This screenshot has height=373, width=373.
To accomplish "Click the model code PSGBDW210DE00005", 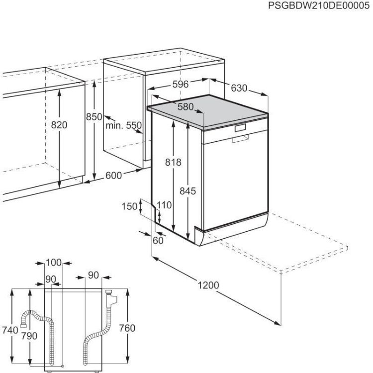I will pos(319,6).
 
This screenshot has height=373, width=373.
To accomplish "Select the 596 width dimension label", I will pos(181,85).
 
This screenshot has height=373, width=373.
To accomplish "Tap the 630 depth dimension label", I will pos(239,88).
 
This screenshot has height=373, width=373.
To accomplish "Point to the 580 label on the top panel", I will pos(186,106).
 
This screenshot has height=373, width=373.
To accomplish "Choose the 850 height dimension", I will pos(93,117).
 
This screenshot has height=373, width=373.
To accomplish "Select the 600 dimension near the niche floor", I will pos(114,175).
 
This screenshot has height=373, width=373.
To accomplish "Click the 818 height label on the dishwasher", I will pos(174,162).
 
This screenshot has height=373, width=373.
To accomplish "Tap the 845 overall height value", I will pos(188,190).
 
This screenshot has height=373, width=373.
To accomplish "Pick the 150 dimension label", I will pos(129,206).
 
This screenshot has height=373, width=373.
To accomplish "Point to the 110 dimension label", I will pos(164,205).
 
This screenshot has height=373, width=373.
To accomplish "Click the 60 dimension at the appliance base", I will pos(158,241).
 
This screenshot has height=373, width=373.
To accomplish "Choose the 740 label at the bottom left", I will pos(10,329).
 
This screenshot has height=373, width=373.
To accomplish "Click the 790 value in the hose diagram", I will pos(29,336).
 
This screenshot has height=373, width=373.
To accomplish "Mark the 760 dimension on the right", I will pos(127,329).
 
